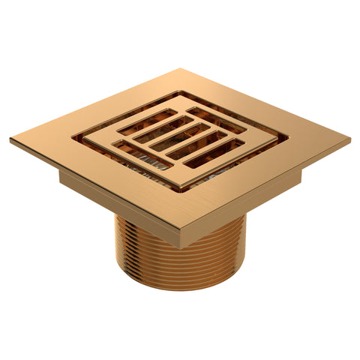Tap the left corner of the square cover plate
click(x=11, y=140)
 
